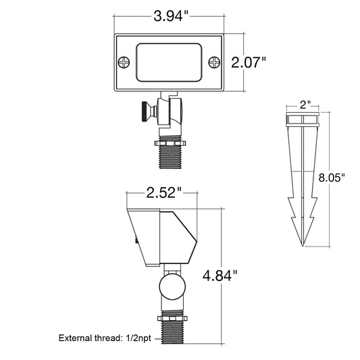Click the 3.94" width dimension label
coord(171,16)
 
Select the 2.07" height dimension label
coord(249,62)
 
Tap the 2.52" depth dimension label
coord(164,192)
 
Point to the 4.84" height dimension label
coord(220,276)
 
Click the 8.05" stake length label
coord(332,178)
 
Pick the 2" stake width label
coord(305,105)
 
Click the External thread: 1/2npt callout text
coord(105,338)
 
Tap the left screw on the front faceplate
coord(124,62)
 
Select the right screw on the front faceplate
coord(214,62)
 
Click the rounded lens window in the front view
coord(169,62)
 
